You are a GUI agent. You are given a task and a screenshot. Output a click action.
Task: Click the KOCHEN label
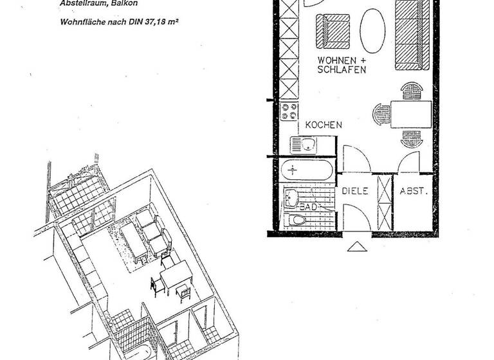324,125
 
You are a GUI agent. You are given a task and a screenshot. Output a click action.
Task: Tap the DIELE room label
354,191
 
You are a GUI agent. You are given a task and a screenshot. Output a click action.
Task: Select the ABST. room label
412,191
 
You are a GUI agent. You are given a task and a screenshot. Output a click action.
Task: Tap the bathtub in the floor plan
307,171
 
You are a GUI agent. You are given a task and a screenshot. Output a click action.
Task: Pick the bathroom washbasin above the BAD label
294,196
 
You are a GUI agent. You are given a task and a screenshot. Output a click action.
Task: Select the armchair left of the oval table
331,30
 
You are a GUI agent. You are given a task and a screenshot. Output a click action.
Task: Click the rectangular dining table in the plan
410,114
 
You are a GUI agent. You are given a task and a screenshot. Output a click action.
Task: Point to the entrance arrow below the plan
355,246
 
